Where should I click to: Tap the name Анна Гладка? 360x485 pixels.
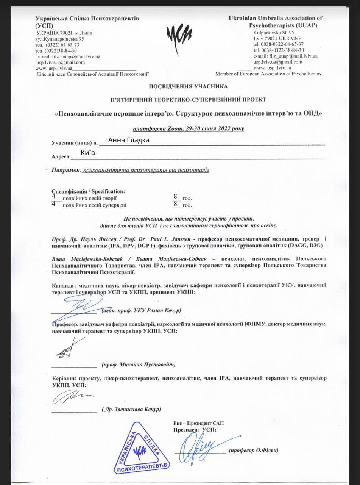[x=128, y=140]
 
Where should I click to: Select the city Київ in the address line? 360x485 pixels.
[x=88, y=153]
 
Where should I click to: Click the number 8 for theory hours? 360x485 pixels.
[x=175, y=196]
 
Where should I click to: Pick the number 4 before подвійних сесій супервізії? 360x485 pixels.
[x=53, y=204]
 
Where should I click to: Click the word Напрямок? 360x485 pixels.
[x=65, y=170]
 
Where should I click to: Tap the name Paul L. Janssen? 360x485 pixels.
[x=171, y=240]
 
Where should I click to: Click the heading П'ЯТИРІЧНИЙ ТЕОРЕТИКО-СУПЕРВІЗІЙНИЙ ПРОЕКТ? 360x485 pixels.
[x=188, y=100]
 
